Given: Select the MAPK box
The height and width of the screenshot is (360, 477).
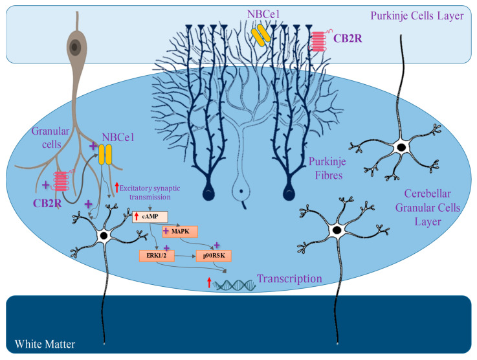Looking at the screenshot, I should [x=180, y=232].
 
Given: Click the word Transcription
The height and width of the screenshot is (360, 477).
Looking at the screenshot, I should [x=289, y=279].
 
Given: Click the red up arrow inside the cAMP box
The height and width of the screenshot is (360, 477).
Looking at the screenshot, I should [x=137, y=217].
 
